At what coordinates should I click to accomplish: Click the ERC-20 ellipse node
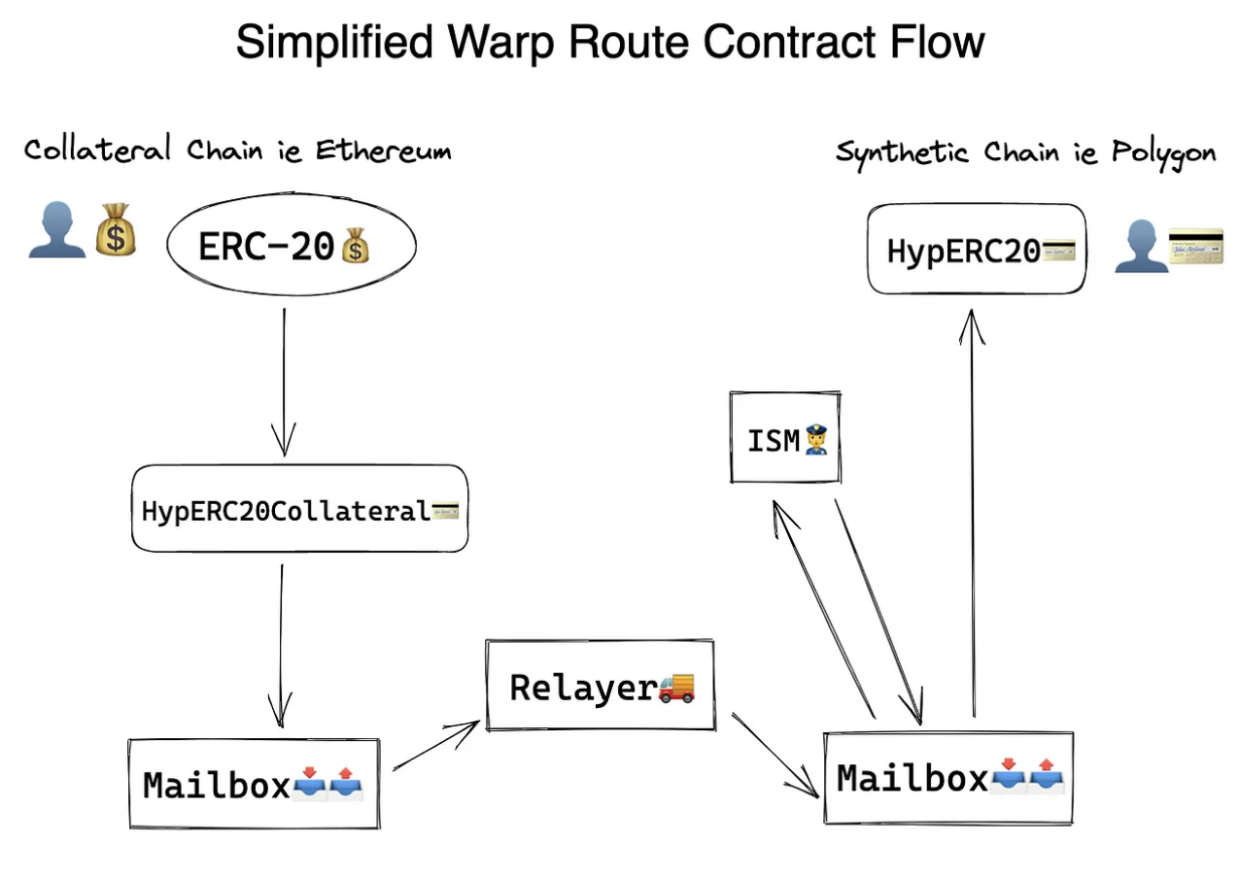[291, 248]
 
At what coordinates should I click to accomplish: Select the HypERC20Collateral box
[299, 509]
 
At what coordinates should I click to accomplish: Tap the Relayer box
[601, 686]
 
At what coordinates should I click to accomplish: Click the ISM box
[784, 438]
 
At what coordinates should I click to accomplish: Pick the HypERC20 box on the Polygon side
[976, 249]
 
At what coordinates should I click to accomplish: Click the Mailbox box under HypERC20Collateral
[254, 784]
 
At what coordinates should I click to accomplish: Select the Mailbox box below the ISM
[948, 778]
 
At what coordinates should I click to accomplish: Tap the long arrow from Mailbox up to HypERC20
[973, 515]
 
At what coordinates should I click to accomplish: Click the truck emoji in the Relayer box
[677, 687]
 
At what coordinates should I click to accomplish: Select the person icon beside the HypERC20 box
[1139, 247]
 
